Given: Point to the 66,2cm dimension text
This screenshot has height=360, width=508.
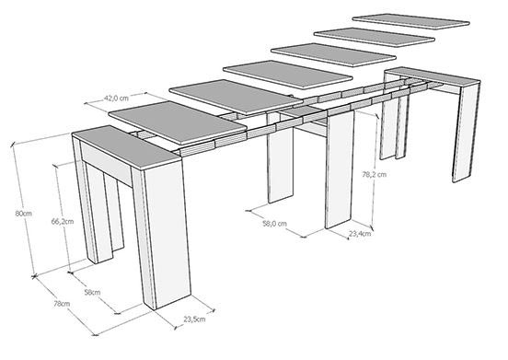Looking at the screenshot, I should [x=61, y=222].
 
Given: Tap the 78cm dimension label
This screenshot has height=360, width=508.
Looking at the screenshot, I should [x=63, y=304].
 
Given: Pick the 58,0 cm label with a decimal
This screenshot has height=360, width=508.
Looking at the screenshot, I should [x=272, y=222].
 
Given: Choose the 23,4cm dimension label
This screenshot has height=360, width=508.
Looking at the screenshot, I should [x=359, y=234].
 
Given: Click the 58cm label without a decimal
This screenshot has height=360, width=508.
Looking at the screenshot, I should [x=91, y=293].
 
